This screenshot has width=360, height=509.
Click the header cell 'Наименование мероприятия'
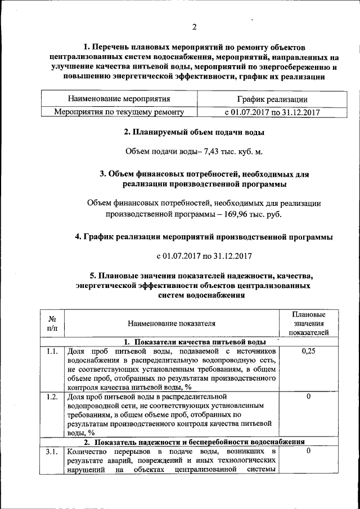click(x=119, y=99)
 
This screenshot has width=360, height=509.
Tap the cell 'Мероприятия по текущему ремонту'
click(x=119, y=112)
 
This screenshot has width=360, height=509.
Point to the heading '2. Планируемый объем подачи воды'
click(x=194, y=133)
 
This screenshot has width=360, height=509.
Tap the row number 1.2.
click(x=51, y=397)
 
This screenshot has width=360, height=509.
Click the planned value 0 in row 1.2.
click(x=308, y=397)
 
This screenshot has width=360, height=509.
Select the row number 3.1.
click(x=51, y=452)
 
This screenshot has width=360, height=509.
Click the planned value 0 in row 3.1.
click(x=308, y=452)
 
